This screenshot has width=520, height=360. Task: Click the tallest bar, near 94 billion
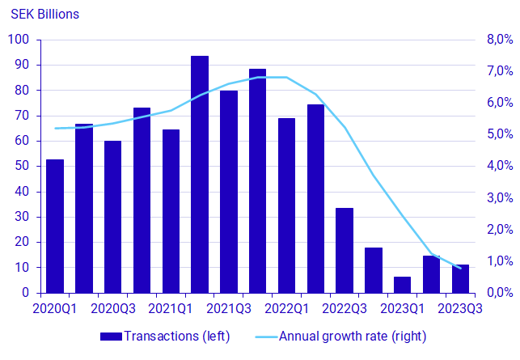200,174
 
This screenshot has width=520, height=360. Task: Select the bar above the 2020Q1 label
55,226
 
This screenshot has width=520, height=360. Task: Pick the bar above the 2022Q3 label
345,250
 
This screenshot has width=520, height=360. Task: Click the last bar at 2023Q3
460,278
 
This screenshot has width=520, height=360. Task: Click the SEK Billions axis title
44,15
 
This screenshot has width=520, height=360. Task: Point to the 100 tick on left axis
19,40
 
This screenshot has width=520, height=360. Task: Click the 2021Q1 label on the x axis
171,308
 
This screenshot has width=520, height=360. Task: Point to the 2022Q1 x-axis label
287,308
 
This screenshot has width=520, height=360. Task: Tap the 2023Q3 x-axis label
460,308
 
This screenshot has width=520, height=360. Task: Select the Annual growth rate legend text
353,335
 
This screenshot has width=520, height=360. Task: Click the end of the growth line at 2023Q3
461,268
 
